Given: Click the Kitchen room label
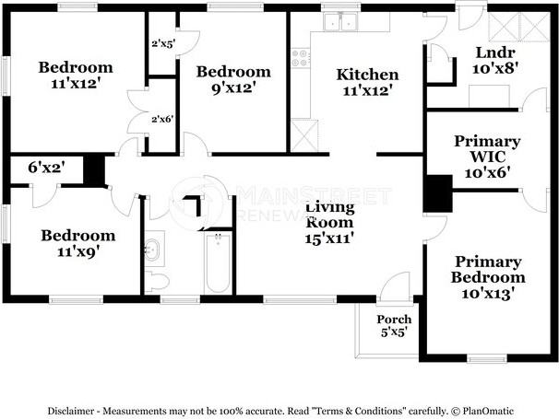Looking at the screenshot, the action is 367,83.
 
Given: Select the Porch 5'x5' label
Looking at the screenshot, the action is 394,326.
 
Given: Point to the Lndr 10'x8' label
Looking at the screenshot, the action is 495,60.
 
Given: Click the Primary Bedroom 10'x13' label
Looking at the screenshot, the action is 488,278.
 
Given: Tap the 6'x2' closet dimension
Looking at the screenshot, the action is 47,167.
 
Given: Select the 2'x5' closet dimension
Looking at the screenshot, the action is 163,44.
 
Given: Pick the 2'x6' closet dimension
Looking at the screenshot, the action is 162,119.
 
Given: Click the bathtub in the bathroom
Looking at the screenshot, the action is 218,262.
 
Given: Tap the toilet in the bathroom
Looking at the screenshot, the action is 157,282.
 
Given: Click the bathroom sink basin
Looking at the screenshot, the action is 153,250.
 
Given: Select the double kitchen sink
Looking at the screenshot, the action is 340,22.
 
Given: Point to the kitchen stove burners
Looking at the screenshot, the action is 300,58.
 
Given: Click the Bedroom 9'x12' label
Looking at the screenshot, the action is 233,79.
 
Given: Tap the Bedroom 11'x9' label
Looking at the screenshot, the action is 78,243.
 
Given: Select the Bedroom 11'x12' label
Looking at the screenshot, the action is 76,76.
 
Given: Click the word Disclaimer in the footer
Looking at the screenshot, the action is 71,411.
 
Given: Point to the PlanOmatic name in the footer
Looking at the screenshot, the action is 488,411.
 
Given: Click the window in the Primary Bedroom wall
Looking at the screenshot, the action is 487,358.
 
